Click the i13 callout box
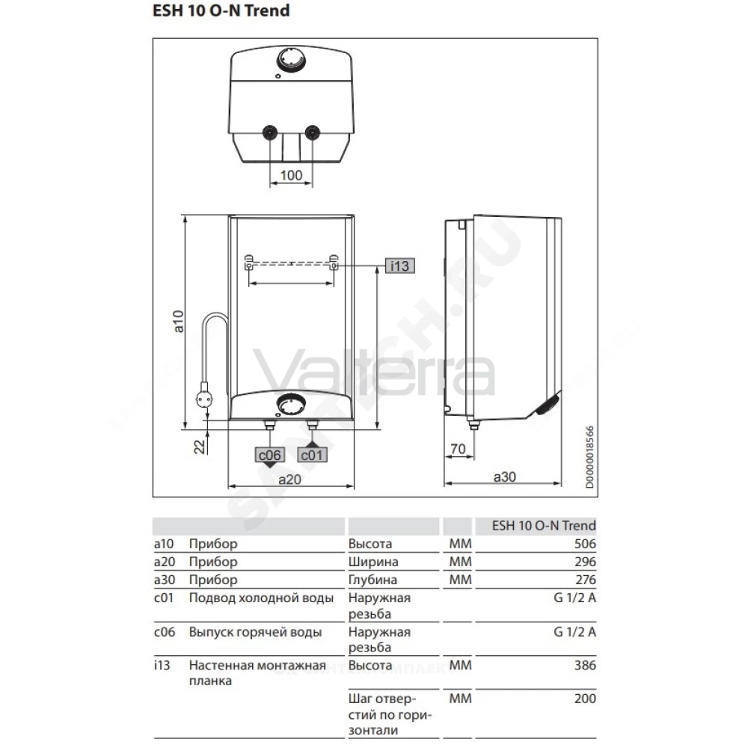(x=399, y=266)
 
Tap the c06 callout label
(x=269, y=455)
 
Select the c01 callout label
(x=312, y=455)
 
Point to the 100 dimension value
(x=291, y=175)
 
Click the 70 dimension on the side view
(x=458, y=449)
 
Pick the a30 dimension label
(x=505, y=476)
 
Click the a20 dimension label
(x=290, y=479)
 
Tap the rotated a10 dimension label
(x=178, y=321)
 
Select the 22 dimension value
(x=199, y=447)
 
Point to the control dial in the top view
(x=291, y=60)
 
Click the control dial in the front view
(x=292, y=406)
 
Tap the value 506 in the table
(x=585, y=544)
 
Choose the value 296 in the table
(x=585, y=562)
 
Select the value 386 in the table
(x=585, y=665)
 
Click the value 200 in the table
(x=585, y=699)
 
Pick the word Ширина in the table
(x=373, y=562)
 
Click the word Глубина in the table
(x=373, y=580)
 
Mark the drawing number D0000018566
(x=589, y=457)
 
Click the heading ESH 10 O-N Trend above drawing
(x=221, y=10)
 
